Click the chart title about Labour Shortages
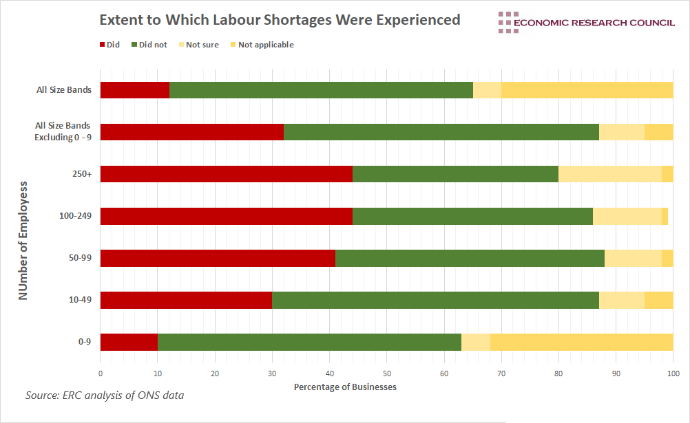(280, 20)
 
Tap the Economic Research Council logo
(586, 22)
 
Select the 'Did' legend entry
(110, 45)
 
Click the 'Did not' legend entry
(149, 45)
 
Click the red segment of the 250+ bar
(226, 174)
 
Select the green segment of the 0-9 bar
(309, 342)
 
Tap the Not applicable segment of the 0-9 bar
(581, 342)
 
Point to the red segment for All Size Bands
(134, 90)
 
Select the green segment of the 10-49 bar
(435, 300)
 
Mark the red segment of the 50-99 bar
(218, 258)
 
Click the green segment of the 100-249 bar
(472, 216)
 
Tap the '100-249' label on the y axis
(76, 216)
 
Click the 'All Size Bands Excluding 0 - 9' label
(63, 131)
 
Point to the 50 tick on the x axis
(386, 373)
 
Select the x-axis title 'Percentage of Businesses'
(345, 387)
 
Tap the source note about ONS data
(105, 395)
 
